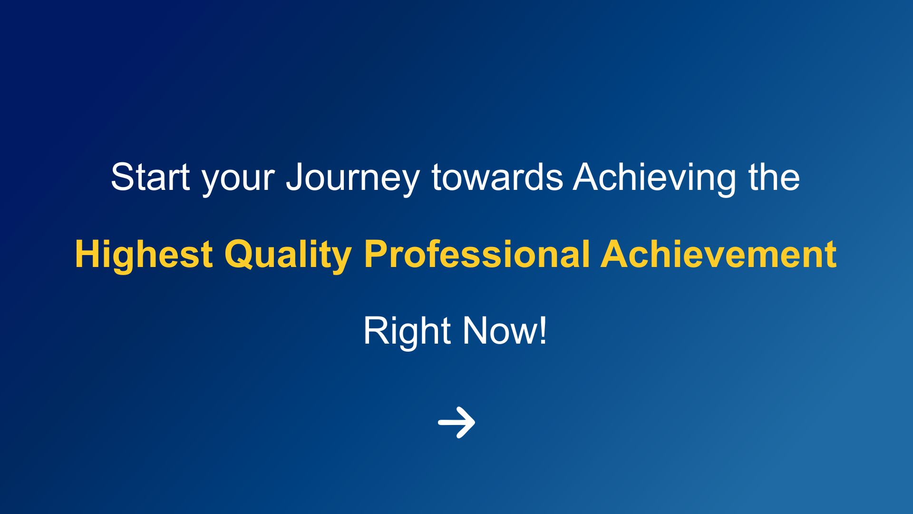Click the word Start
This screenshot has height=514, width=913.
point(150,177)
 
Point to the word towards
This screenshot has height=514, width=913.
point(497,177)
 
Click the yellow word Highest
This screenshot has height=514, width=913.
point(144,256)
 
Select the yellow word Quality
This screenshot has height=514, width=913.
point(288,256)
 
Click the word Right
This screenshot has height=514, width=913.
point(407,332)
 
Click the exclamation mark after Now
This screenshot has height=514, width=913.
point(543,331)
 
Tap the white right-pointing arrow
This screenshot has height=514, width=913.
point(456,422)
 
